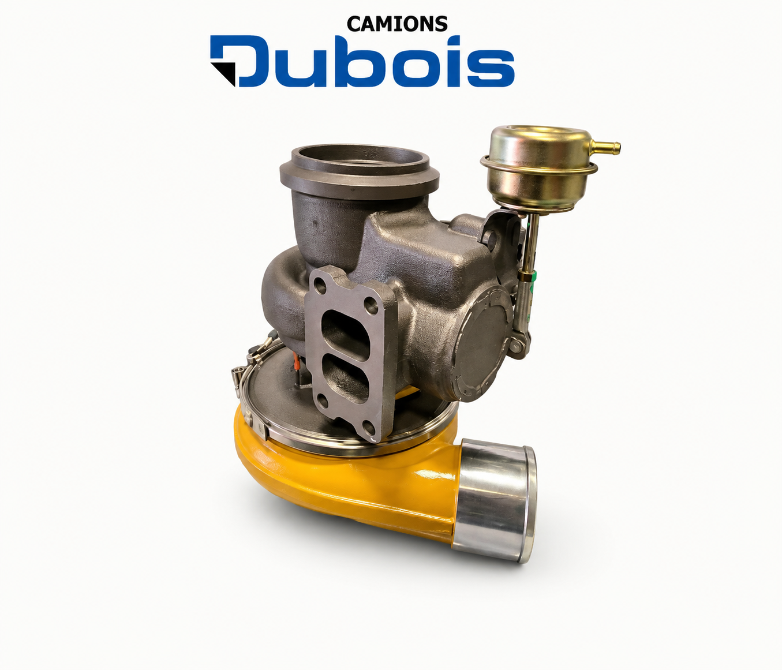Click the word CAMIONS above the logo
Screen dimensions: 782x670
click(x=397, y=24)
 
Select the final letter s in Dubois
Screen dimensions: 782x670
click(x=491, y=68)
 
